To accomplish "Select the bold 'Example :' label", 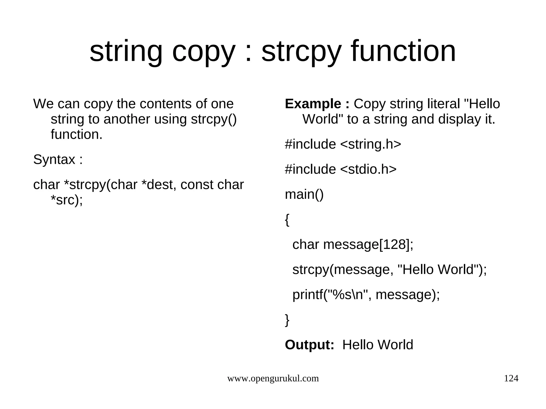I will click(317, 104).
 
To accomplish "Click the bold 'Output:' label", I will click(310, 345).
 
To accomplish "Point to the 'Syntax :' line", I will click(58, 160).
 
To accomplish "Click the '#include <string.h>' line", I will click(343, 144).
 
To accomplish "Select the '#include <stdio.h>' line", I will click(341, 169).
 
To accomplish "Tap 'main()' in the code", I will click(304, 194).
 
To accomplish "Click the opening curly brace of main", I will click(287, 220).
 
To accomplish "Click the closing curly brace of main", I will click(287, 320).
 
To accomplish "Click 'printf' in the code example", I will click(308, 295).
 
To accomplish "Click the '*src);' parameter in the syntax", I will click(67, 200).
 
